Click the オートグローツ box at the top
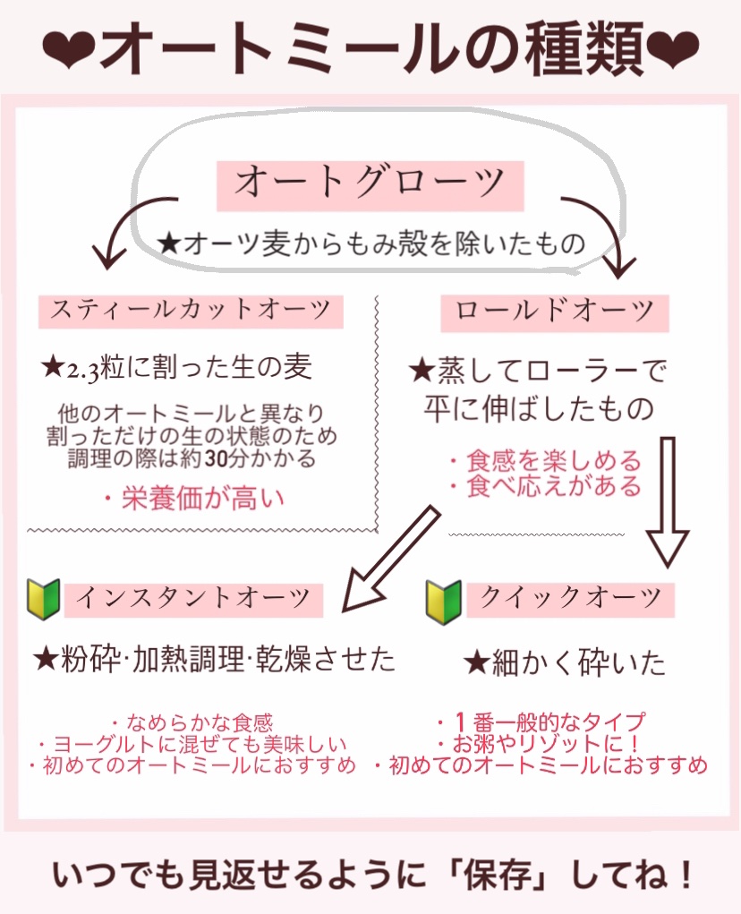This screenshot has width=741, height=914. pos(370,184)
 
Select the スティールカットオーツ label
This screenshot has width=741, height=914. pos(191,312)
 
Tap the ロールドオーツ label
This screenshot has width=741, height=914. pos(554,312)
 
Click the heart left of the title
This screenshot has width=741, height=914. pos(67,53)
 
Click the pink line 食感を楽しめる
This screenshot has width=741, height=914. pos(546,462)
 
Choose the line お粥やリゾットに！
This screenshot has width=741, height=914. pos(541,744)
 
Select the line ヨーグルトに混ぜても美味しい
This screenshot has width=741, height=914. pos(192,744)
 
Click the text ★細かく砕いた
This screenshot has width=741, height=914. pos(565,663)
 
